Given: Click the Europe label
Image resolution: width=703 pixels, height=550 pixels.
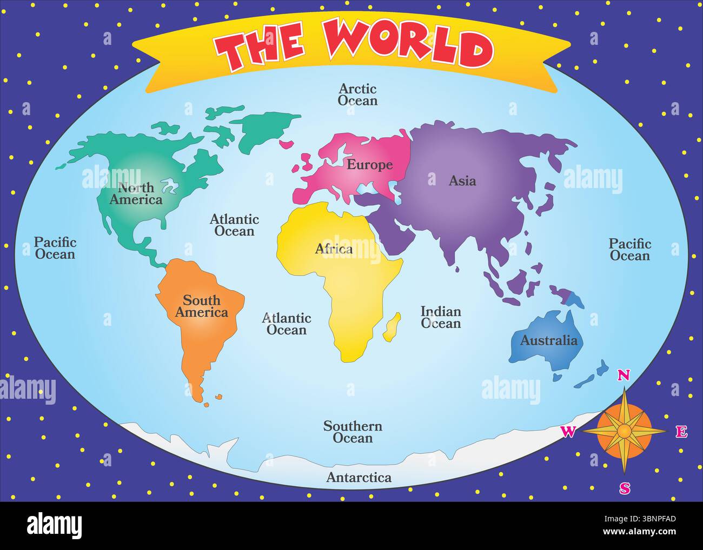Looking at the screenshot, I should coord(369,165).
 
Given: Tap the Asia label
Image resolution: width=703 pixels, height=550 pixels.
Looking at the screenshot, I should coord(462,181).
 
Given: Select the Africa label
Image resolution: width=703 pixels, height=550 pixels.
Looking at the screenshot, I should coord(334,249).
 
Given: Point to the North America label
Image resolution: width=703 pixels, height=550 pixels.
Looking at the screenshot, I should coord(136,194).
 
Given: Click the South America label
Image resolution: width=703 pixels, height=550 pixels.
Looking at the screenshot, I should coord(201,306).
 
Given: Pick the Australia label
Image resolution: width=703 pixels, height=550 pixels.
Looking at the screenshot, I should coord(548,340).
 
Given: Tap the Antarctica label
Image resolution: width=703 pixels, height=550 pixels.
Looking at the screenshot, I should coord(359,478).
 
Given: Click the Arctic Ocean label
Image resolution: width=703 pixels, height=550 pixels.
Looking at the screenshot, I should coord(357,95).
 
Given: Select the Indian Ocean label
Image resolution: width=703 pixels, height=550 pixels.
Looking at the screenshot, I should coord(441,318).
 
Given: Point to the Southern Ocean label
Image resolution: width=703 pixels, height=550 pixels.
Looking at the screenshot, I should coord(353,432).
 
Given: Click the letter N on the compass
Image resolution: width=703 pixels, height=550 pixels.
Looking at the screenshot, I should coord(624,375).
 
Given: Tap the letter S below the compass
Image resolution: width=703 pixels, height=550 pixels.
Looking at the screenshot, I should coord(625,488).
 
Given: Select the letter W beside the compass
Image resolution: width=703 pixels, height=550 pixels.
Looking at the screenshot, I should coord(567,431).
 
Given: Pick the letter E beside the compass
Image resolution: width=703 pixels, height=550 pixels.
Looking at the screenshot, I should coord(681,432).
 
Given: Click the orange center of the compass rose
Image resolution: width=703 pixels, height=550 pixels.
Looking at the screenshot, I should coord(624,431).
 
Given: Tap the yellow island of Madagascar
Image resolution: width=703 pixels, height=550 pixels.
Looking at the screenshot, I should coord(392,327).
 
